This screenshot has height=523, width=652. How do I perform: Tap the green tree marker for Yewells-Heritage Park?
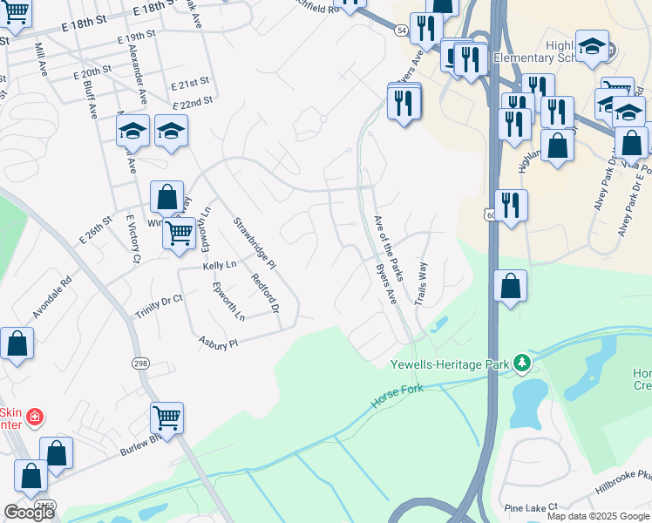521,361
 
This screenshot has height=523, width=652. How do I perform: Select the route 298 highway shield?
140,363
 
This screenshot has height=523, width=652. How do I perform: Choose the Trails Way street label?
422,281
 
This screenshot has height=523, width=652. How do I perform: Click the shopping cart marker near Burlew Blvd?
166,418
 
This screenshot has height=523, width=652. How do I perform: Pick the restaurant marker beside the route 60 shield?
511,206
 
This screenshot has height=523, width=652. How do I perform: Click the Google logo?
29,513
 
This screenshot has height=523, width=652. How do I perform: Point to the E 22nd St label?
193,103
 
